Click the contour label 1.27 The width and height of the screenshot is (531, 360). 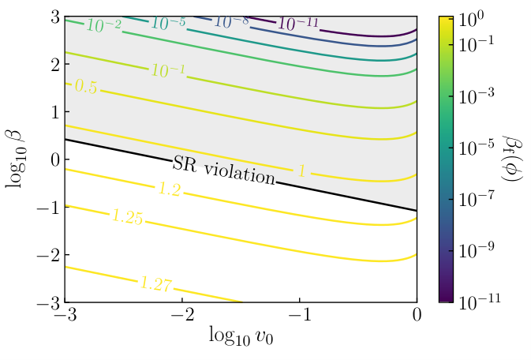point(156,283)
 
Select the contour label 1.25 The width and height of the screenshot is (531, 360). point(128,216)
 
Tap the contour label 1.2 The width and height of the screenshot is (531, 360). point(170,189)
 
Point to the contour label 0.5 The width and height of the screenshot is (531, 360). point(86,86)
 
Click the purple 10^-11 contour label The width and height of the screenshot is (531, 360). point(298,24)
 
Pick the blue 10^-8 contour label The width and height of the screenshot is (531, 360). point(231,21)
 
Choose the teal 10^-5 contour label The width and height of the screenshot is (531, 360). point(168,23)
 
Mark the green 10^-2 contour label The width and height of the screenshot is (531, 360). point(103,24)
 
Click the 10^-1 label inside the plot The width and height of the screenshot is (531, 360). point(168,70)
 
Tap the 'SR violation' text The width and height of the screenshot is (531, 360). point(224,171)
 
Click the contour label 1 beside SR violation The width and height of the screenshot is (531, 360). point(301,171)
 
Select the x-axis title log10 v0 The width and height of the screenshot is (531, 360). point(241,336)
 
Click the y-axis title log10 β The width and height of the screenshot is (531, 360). point(14,159)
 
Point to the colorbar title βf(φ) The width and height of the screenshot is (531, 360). point(514,159)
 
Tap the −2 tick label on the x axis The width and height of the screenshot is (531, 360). point(182,315)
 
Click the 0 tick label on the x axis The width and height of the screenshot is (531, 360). point(417,315)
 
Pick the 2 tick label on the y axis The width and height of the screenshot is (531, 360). point(55,65)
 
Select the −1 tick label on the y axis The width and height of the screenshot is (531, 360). point(48,207)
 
